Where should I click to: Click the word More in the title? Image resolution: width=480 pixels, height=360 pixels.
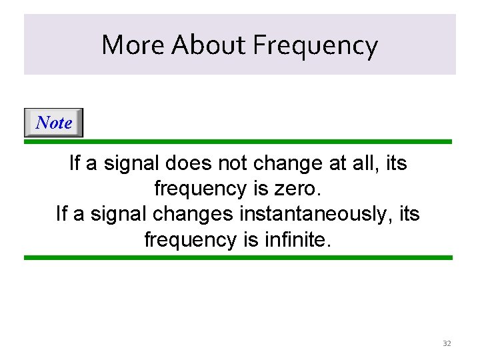pos(133,45)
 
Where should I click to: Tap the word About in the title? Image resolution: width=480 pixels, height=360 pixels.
pos(208,45)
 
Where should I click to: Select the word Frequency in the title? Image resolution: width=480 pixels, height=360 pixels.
pos(315,45)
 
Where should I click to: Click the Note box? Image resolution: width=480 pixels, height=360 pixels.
pos(54,123)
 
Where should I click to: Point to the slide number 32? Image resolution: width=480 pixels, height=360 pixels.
pos(447,343)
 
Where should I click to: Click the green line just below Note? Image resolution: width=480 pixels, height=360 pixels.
pos(238,141)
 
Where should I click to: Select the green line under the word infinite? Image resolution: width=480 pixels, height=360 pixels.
pos(238,257)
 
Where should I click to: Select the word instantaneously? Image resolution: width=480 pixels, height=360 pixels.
pos(323,214)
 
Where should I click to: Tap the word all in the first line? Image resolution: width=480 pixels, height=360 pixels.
pos(363,163)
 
